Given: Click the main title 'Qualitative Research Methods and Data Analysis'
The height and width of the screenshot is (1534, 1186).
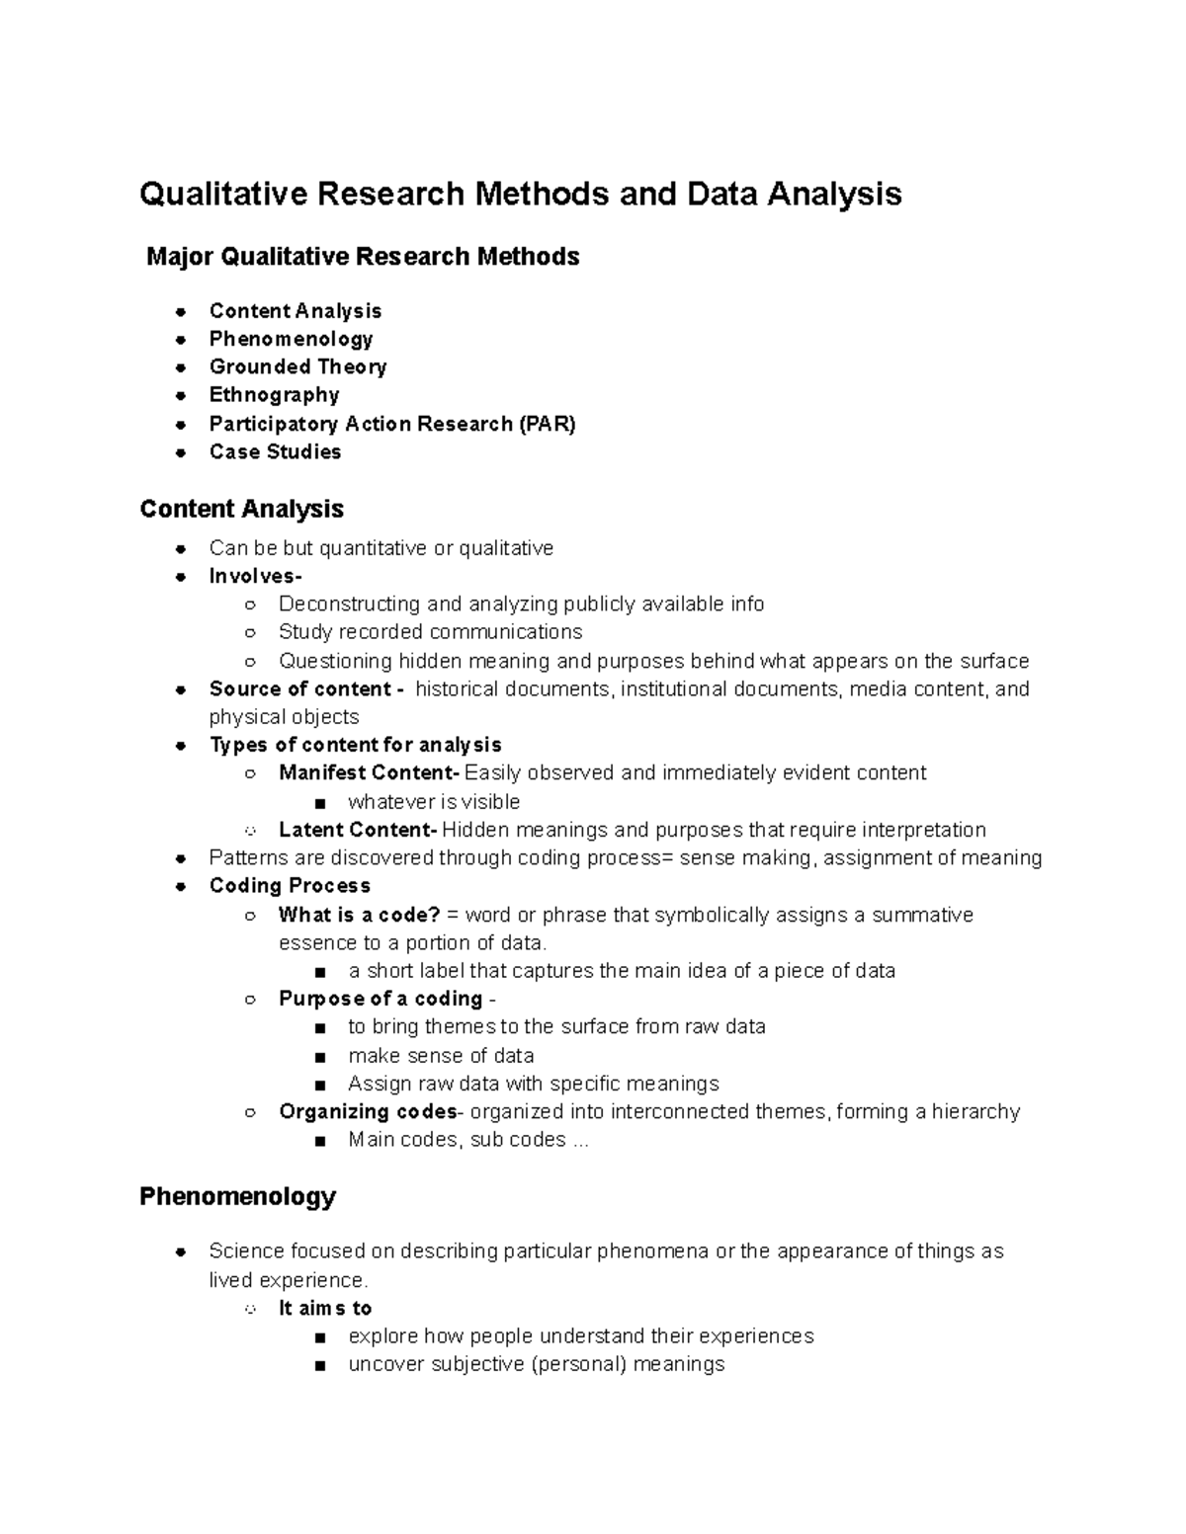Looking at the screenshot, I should [520, 194].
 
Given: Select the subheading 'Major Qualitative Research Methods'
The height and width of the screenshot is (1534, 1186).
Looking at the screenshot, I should [363, 257].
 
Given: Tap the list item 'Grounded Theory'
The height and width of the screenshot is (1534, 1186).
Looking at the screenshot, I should [297, 366].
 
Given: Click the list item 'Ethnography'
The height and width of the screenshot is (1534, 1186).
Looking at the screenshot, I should [274, 395].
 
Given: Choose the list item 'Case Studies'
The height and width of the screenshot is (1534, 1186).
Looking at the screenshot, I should [275, 451].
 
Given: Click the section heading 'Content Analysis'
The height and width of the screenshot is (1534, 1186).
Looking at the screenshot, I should [241, 509].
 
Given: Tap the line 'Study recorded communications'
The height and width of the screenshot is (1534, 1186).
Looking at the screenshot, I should [430, 632].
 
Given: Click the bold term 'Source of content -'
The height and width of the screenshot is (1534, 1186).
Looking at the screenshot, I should [306, 688].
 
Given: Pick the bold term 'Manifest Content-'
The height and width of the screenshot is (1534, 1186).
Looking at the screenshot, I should [370, 772].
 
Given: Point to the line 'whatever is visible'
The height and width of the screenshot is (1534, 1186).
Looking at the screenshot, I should [433, 802].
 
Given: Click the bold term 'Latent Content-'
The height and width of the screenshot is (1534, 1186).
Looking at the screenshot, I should [358, 830].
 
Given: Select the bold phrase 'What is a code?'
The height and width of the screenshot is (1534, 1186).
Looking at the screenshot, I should [359, 915].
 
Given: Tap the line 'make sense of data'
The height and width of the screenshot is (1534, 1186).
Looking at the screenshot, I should [441, 1055].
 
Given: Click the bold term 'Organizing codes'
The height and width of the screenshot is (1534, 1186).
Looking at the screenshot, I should [368, 1111].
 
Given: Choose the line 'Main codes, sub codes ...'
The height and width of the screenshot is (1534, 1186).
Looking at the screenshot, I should [467, 1140].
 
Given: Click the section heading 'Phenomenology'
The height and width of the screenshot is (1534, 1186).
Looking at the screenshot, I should [237, 1197].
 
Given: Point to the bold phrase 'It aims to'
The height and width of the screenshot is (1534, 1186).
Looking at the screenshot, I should [325, 1308].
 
